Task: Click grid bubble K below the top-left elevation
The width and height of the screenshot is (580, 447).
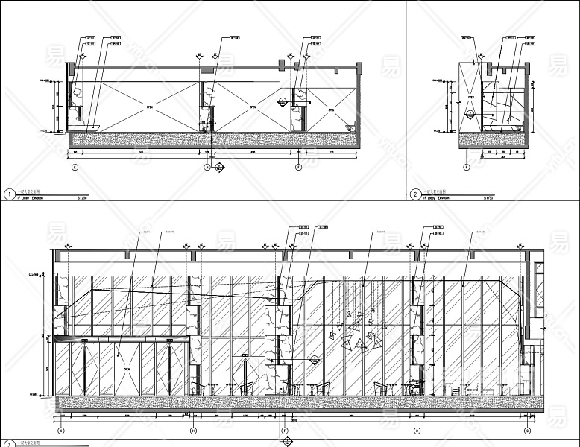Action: pyautogui.click(x=74, y=168)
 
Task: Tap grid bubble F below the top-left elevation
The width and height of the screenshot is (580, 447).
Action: pyautogui.click(x=299, y=168)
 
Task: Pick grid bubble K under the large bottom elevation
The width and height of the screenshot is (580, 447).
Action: pyautogui.click(x=60, y=431)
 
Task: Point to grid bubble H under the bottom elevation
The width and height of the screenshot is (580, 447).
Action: pyautogui.click(x=193, y=431)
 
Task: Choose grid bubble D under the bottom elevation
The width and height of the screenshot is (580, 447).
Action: pyautogui.click(x=417, y=431)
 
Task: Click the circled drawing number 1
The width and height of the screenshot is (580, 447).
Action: pyautogui.click(x=8, y=195)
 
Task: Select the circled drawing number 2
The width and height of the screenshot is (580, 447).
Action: pyautogui.click(x=415, y=195)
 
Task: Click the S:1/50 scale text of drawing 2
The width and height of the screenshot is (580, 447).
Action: pyautogui.click(x=489, y=199)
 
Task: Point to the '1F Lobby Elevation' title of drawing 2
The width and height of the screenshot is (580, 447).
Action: pyautogui.click(x=438, y=199)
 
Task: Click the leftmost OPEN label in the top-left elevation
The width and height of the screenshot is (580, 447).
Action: pyautogui.click(x=149, y=107)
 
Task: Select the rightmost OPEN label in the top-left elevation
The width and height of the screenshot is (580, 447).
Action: pyautogui.click(x=332, y=110)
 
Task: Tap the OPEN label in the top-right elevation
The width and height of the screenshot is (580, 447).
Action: pyautogui.click(x=470, y=96)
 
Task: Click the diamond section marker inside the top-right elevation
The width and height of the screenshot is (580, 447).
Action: pyautogui.click(x=470, y=114)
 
